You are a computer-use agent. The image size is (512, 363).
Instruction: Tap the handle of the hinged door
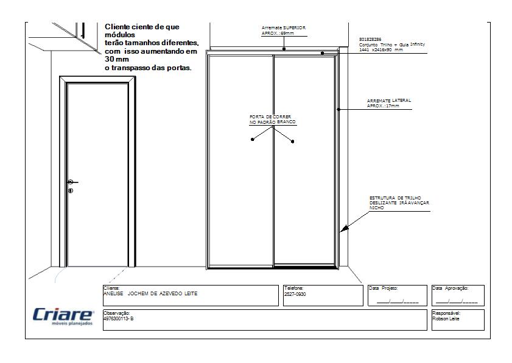(x=72, y=182)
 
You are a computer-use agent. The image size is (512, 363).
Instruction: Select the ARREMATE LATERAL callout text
(x=388, y=103)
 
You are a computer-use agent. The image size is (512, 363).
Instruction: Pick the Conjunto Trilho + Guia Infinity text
(x=392, y=47)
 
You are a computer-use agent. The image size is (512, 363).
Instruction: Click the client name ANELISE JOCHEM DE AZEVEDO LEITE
(x=151, y=293)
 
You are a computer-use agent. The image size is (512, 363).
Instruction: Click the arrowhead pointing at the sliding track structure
(x=344, y=229)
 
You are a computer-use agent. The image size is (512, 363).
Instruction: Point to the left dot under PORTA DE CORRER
(x=252, y=140)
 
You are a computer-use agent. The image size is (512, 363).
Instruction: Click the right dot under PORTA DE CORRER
(x=293, y=142)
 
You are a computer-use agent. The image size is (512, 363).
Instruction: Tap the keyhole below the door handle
(x=71, y=191)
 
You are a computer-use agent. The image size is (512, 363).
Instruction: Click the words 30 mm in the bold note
(x=113, y=60)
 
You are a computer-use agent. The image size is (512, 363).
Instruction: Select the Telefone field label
(x=293, y=287)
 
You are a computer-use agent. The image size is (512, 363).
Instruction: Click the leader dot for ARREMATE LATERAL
(x=338, y=109)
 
